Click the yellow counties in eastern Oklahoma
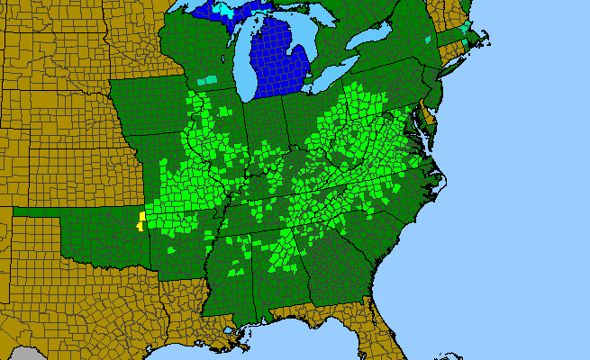click(141, 220)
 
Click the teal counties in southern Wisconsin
click(208, 80)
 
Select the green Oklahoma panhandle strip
click(36, 211)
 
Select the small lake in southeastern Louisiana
click(236, 331)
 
